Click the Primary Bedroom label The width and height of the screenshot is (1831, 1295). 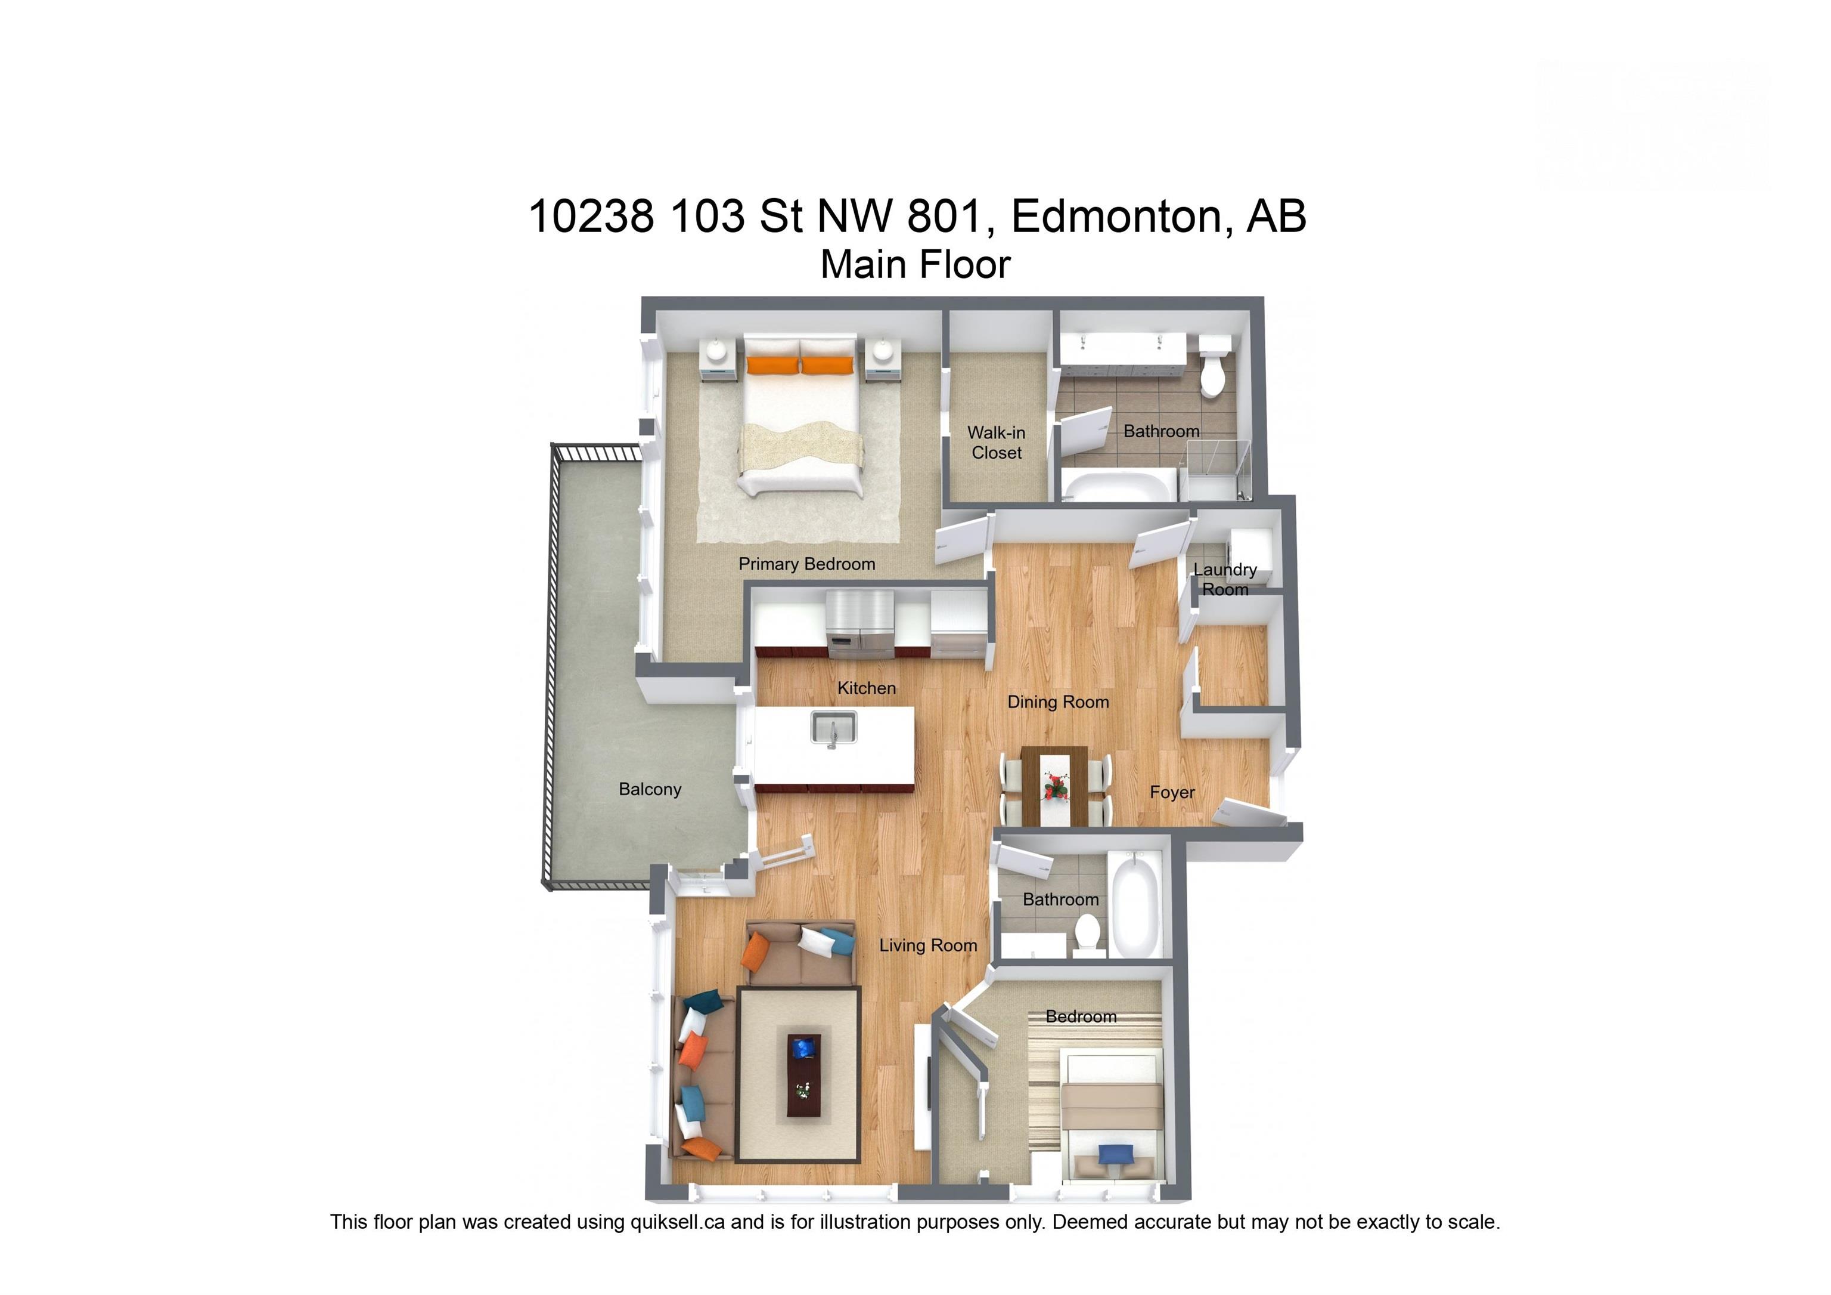(806, 564)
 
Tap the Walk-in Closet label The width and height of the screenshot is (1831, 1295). (996, 443)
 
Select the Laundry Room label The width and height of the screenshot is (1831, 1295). (1225, 579)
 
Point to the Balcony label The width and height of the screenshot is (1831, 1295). (650, 789)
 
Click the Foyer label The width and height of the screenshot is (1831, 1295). (1171, 792)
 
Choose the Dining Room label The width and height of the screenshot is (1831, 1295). (1057, 702)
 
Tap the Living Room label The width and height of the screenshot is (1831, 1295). (927, 945)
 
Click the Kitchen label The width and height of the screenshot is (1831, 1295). (866, 688)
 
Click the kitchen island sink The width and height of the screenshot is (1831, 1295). (833, 728)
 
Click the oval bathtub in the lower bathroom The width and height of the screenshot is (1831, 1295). (1137, 905)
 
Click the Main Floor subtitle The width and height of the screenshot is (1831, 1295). (915, 265)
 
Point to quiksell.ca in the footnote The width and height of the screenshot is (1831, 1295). (677, 1222)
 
